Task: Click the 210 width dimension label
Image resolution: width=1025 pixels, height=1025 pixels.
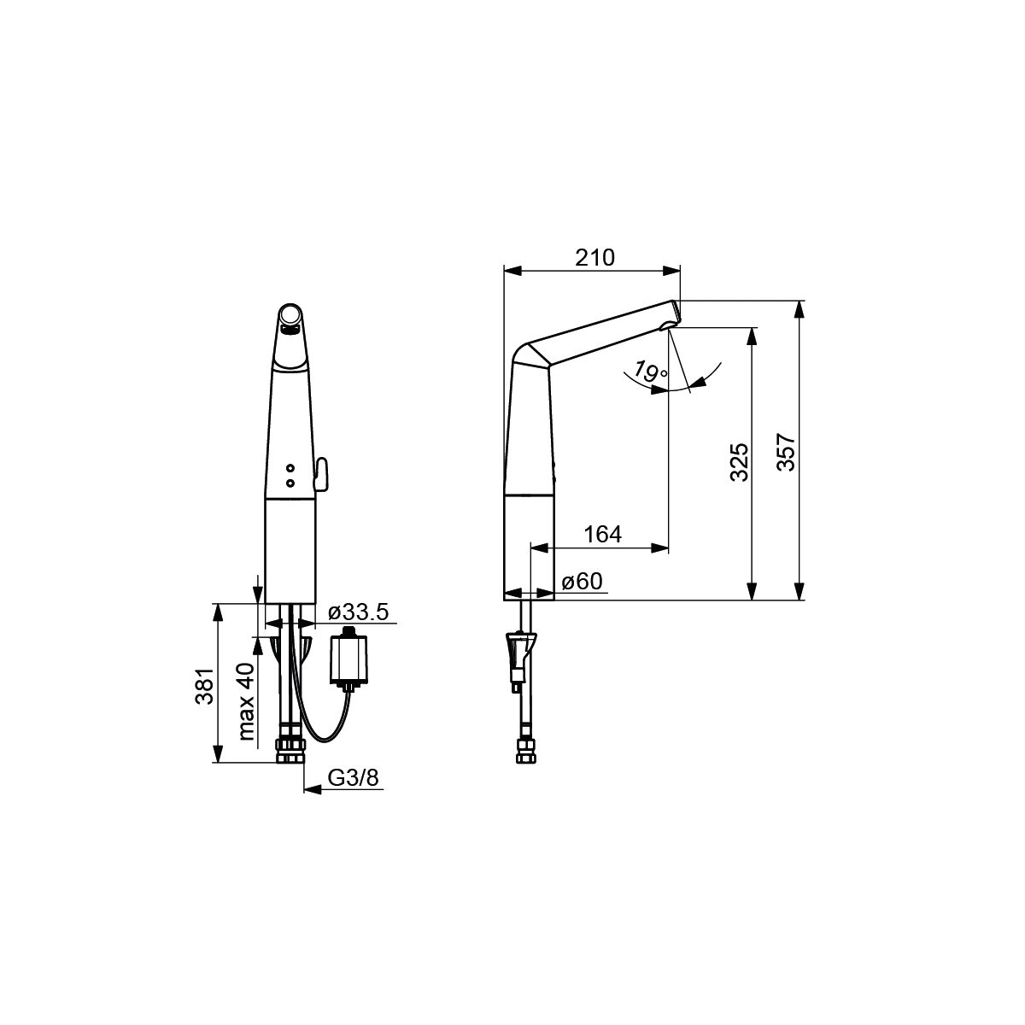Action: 594,257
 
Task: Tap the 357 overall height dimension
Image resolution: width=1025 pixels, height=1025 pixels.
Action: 786,453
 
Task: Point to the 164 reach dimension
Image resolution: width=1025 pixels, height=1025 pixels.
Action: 603,534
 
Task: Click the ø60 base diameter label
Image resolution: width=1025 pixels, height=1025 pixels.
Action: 583,582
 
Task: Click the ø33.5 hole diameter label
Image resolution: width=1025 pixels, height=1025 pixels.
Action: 359,612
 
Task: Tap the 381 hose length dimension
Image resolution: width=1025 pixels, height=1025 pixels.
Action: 205,686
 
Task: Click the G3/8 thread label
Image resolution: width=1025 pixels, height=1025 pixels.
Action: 353,778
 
